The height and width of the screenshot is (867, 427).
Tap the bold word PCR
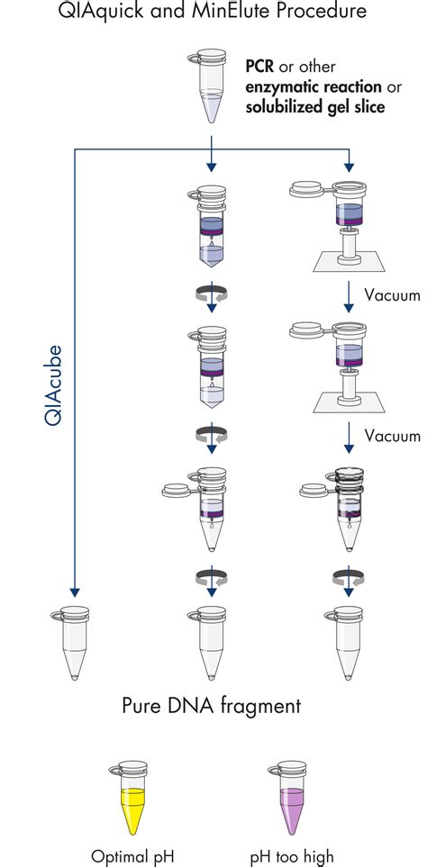coord(261,68)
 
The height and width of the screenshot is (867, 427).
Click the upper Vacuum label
coord(392,294)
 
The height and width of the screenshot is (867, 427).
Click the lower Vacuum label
coord(392,436)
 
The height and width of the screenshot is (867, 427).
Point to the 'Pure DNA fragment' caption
coord(213,707)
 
